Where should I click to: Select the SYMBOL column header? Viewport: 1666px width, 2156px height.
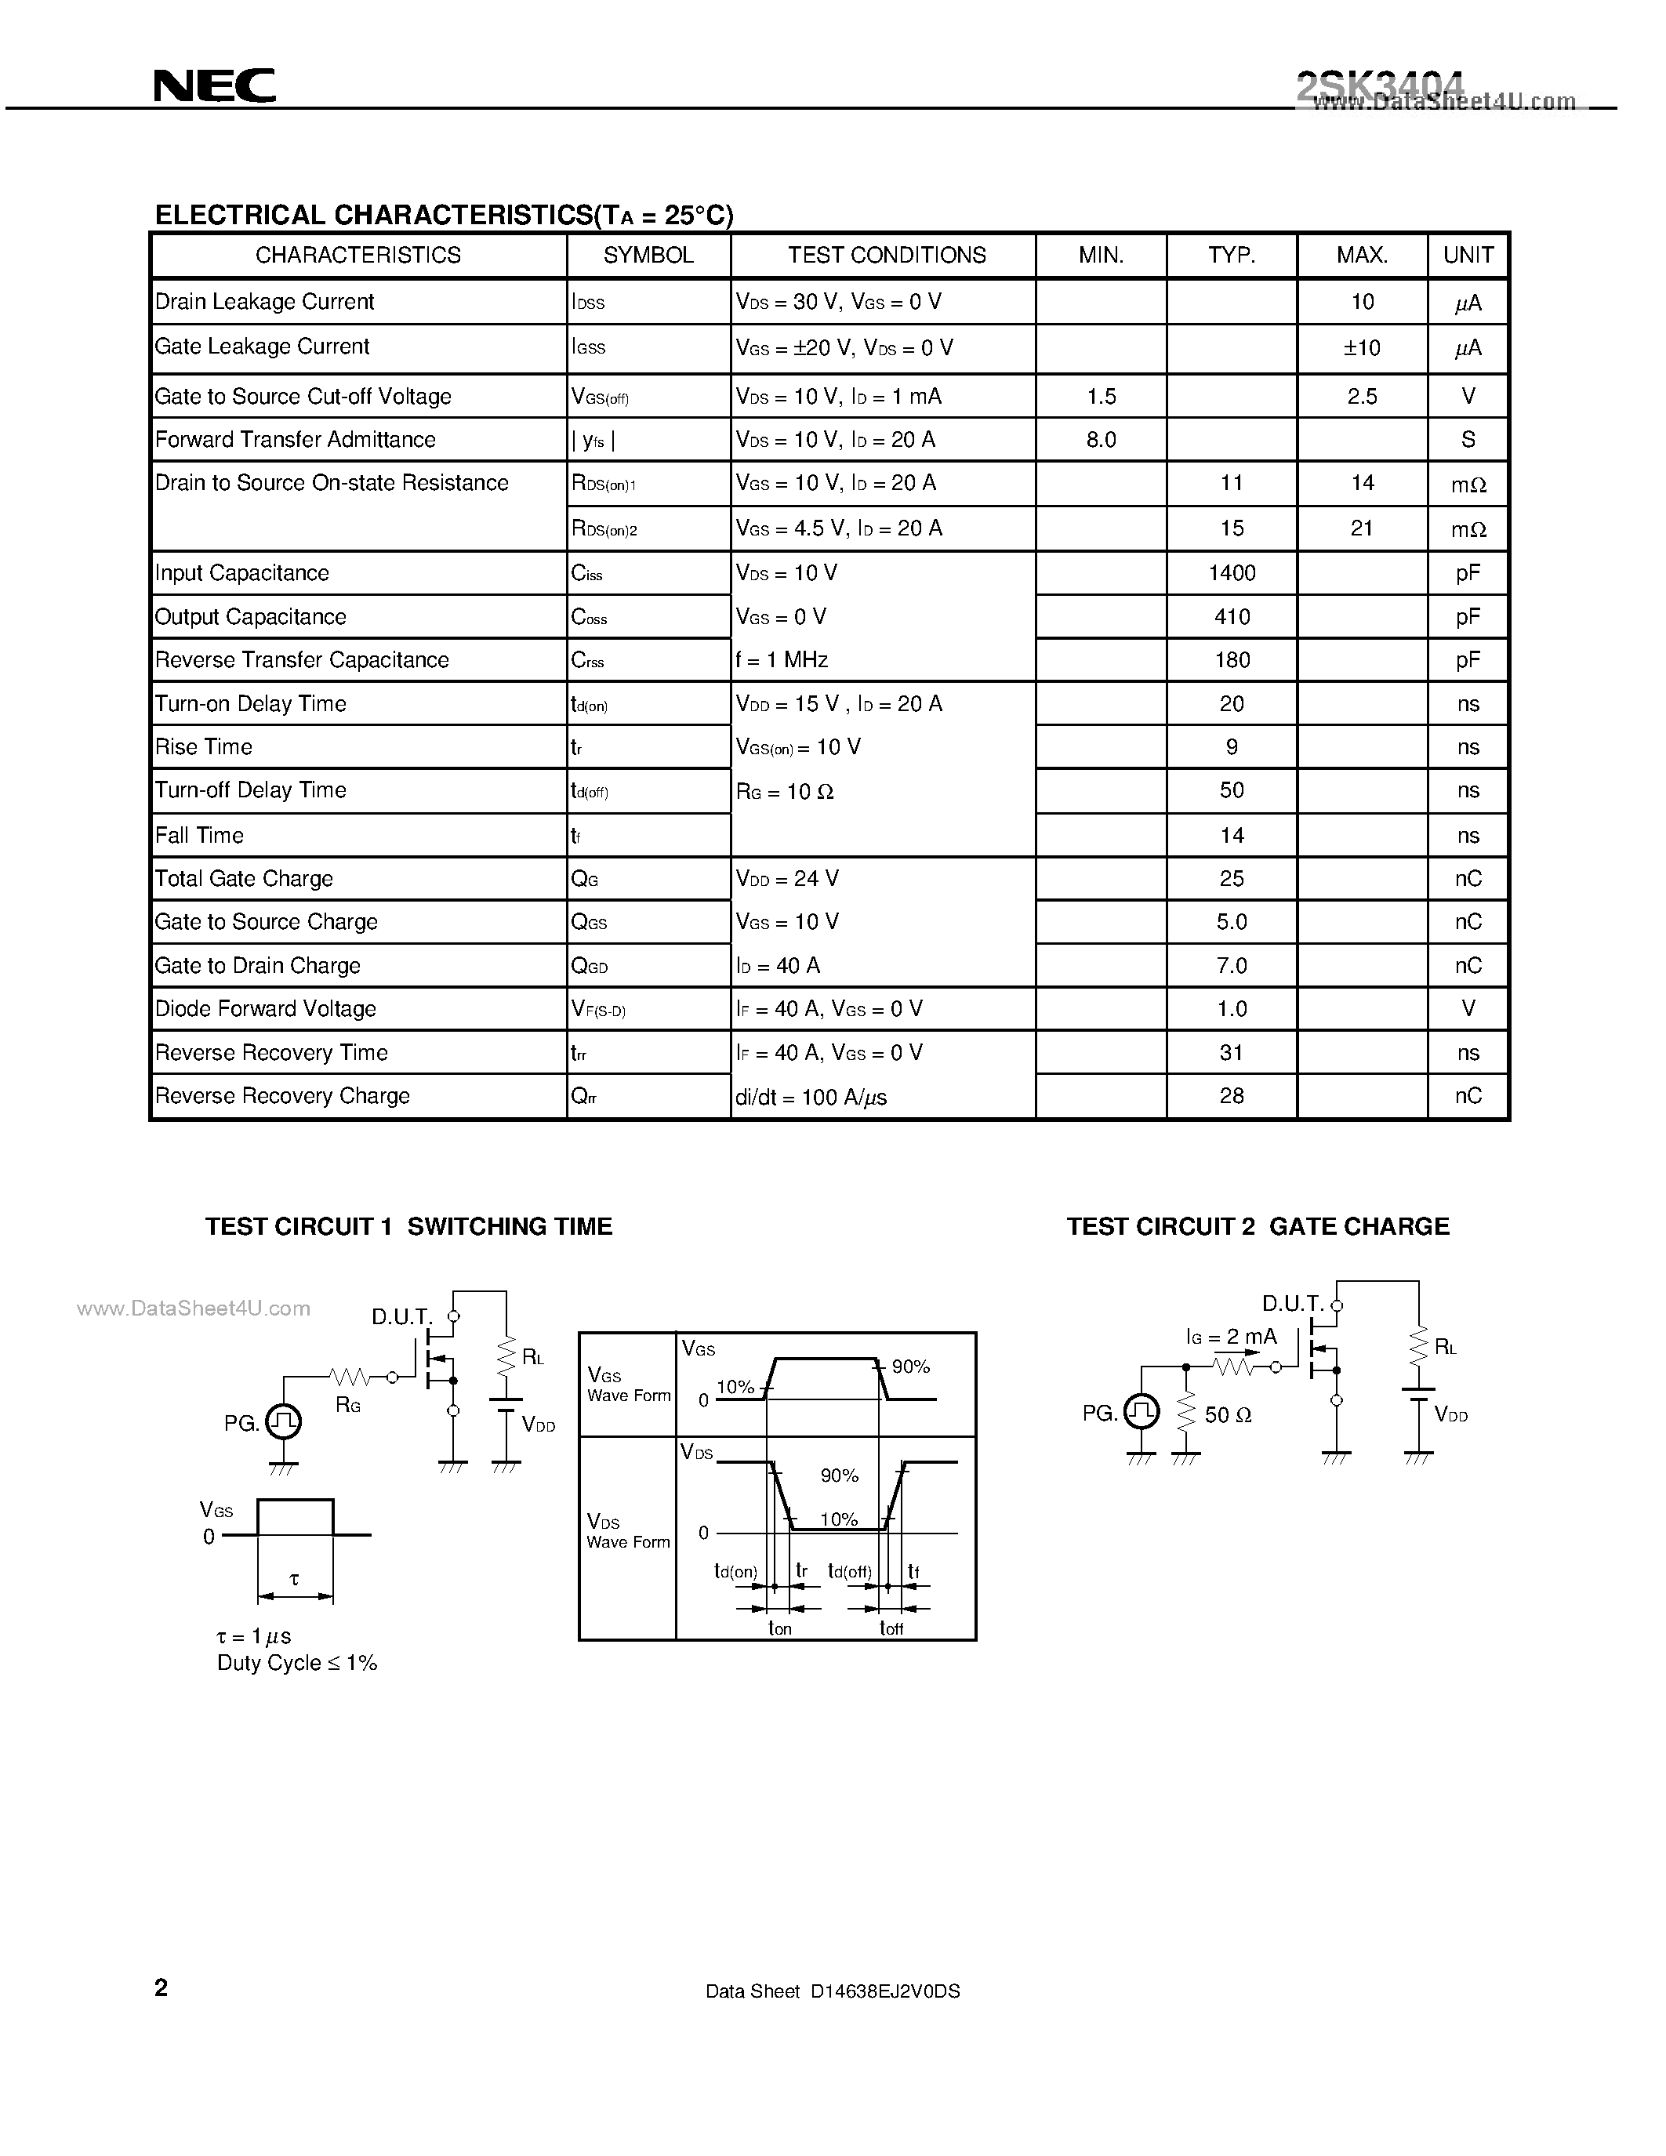click(648, 255)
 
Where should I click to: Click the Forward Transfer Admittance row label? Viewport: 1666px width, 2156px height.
click(295, 439)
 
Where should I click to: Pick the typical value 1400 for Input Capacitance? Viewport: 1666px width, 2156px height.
click(1232, 572)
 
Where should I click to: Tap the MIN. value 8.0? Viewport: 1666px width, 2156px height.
click(1101, 439)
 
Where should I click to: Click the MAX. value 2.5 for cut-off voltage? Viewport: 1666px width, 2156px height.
click(1362, 396)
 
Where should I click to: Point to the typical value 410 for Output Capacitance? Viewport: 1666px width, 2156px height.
click(1232, 617)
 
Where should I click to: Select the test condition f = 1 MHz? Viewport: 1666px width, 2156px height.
click(781, 659)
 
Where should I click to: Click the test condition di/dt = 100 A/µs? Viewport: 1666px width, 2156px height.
click(811, 1097)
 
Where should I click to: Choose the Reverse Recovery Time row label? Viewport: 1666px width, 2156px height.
click(271, 1052)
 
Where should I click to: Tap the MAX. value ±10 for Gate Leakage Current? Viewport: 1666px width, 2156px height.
click(1362, 347)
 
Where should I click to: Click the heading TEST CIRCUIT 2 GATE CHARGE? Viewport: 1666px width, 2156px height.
click(1258, 1226)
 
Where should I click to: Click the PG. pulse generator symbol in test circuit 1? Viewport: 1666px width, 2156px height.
click(283, 1421)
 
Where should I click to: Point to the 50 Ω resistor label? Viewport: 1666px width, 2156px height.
click(1228, 1414)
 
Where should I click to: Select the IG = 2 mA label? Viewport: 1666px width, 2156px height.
click(1231, 1337)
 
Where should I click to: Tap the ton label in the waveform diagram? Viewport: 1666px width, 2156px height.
click(780, 1628)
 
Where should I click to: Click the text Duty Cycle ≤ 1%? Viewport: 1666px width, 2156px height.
click(297, 1662)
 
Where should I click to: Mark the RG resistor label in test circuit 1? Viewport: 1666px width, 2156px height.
click(347, 1404)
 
